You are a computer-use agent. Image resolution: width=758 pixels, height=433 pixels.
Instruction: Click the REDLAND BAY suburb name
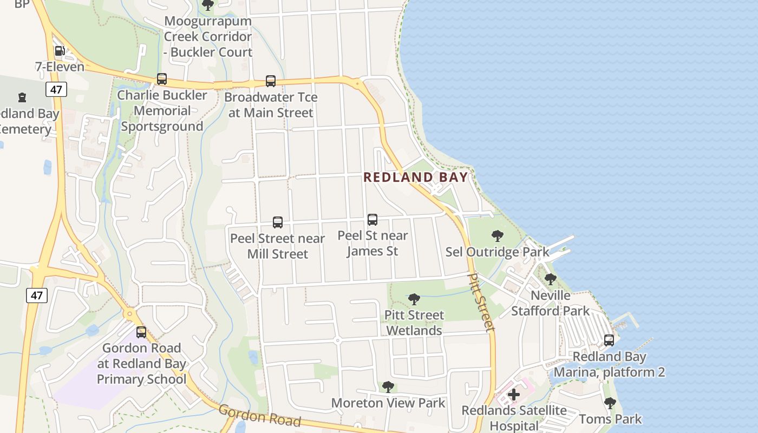pyautogui.click(x=415, y=178)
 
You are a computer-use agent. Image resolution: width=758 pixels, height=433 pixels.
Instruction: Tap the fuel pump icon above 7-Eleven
pyautogui.click(x=60, y=51)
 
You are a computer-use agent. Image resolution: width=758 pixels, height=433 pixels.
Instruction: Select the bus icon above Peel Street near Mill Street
pyautogui.click(x=278, y=222)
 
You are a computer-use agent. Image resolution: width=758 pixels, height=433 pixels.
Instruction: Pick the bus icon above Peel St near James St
pyautogui.click(x=373, y=219)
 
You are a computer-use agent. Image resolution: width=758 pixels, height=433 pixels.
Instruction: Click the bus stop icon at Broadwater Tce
pyautogui.click(x=271, y=81)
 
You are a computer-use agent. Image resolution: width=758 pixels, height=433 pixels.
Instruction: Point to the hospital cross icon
pyautogui.click(x=514, y=395)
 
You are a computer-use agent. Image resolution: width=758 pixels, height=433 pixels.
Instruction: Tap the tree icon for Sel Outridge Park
pyautogui.click(x=497, y=236)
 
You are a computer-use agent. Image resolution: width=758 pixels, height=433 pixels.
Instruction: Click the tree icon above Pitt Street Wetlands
pyautogui.click(x=414, y=299)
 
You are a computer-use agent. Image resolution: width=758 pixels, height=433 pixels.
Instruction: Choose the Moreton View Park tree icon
pyautogui.click(x=388, y=386)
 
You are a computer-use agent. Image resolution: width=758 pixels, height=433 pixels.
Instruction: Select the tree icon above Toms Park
pyautogui.click(x=610, y=403)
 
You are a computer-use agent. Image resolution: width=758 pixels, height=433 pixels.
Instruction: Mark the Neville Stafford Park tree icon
pyautogui.click(x=551, y=279)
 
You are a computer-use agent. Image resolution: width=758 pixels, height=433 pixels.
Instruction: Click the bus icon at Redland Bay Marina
pyautogui.click(x=609, y=340)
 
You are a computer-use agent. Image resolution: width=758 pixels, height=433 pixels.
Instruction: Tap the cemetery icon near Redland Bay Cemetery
pyautogui.click(x=22, y=97)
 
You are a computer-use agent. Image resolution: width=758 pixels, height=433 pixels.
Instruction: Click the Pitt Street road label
pyautogui.click(x=481, y=301)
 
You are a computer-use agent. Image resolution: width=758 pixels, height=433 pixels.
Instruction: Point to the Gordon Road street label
pyautogui.click(x=259, y=416)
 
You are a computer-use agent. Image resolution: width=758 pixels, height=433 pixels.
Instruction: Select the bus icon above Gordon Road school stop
pyautogui.click(x=141, y=332)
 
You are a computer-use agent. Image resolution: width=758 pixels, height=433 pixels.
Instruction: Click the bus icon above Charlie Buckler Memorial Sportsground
pyautogui.click(x=162, y=79)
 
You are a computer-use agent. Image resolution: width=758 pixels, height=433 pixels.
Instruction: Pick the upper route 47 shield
pyautogui.click(x=56, y=89)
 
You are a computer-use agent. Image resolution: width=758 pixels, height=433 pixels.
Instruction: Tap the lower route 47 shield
pyautogui.click(x=36, y=295)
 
